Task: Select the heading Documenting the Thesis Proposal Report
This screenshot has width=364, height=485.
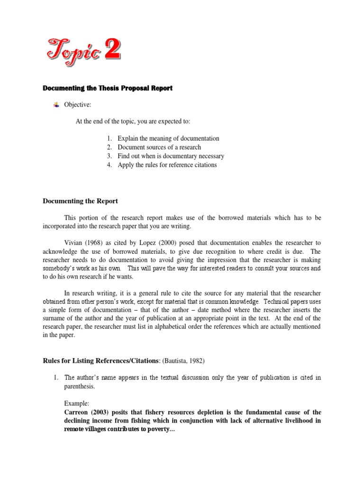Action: (x=108, y=88)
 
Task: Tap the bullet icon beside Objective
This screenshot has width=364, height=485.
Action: (x=57, y=105)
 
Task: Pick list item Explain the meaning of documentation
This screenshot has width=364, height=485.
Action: (x=168, y=138)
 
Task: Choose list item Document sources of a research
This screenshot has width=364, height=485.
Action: (x=159, y=147)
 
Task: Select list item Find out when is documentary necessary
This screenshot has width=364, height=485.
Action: (x=171, y=156)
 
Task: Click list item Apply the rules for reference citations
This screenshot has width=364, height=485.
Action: (x=167, y=165)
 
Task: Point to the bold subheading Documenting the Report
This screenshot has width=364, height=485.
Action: (x=80, y=201)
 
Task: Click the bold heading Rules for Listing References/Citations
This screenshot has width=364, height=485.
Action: (x=100, y=361)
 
